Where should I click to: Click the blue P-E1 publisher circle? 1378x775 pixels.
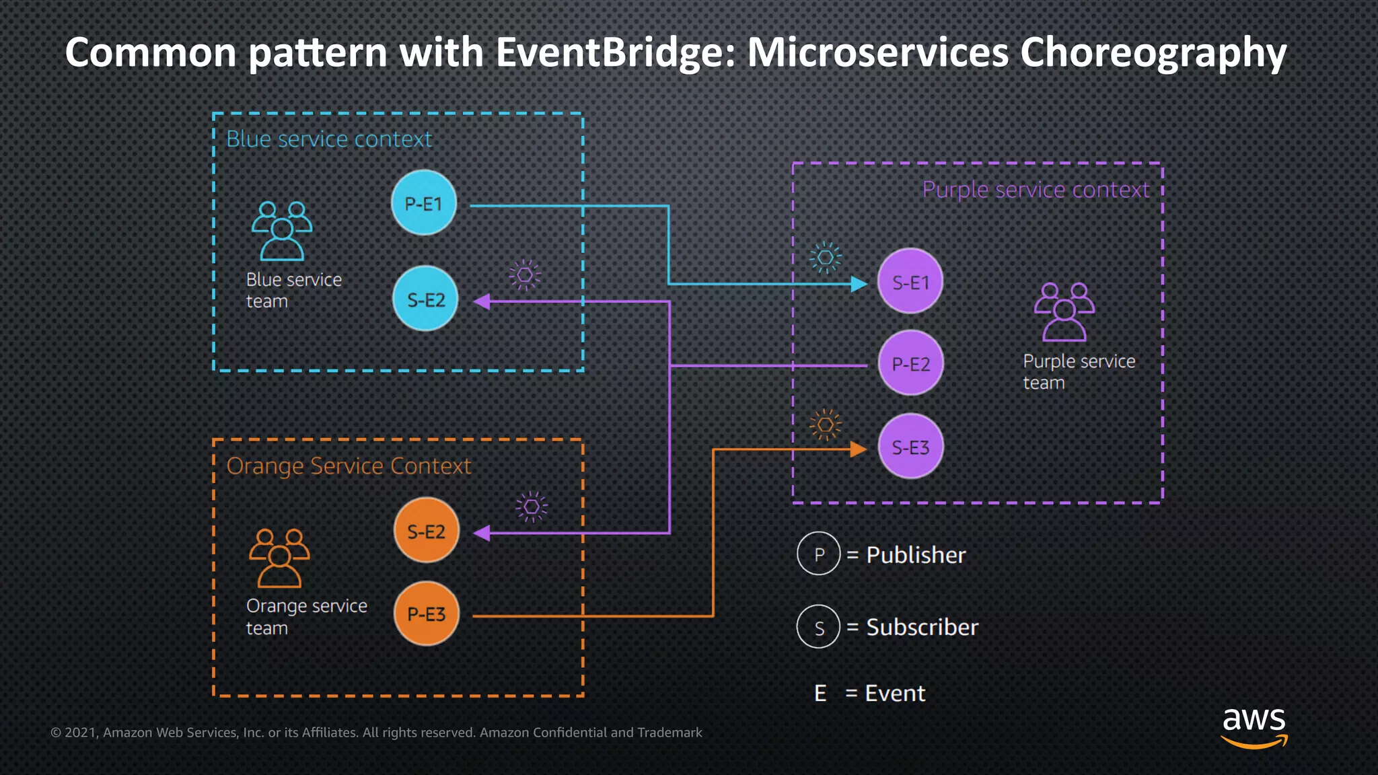424,203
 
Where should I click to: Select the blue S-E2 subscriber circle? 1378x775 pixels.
425,299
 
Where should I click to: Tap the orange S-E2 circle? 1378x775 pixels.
426,531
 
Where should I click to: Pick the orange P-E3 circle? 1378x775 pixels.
426,614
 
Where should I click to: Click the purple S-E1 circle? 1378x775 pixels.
910,281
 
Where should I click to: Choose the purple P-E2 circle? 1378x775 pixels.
910,363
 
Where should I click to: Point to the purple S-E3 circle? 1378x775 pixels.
910,447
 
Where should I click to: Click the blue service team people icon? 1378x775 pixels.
282,231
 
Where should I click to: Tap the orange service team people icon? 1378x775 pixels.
279,558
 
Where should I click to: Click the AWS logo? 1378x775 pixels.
1254,727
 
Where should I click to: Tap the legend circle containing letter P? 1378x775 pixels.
819,554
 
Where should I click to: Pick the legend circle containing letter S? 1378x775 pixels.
819,627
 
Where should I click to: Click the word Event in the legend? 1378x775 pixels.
895,693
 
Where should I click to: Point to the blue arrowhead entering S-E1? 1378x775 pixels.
859,284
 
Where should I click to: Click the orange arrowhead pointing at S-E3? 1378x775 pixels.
858,449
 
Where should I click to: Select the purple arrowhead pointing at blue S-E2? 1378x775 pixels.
482,301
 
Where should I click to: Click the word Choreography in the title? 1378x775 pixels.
1153,52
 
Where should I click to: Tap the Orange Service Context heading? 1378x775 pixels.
349,466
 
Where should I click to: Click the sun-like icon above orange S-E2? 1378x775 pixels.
532,507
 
